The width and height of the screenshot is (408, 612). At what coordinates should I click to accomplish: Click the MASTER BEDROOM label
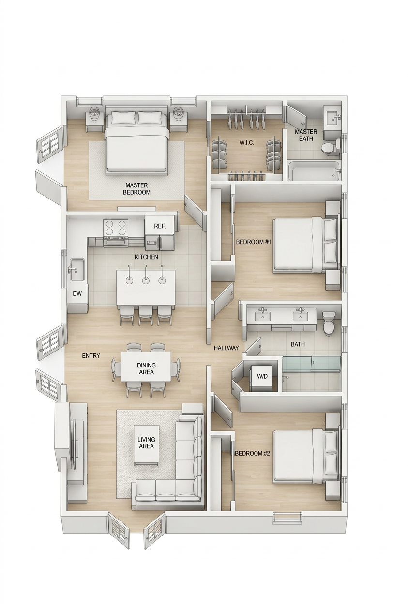click(x=136, y=189)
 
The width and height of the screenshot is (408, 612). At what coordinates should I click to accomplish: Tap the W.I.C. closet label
click(x=247, y=143)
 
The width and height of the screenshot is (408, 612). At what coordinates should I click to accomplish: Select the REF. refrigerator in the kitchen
click(x=160, y=232)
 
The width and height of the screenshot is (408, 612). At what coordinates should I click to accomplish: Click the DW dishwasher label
click(x=77, y=294)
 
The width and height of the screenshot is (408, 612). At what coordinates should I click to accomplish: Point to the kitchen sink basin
click(x=77, y=270)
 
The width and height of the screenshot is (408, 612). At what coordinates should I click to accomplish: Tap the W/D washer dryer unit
click(x=262, y=377)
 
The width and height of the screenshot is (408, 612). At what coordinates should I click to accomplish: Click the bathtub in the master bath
click(x=314, y=171)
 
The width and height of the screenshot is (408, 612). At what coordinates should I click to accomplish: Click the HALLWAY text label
click(x=226, y=348)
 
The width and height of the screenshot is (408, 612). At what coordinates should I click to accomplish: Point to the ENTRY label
click(x=91, y=356)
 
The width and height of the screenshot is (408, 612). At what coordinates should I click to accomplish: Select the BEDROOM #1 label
click(x=253, y=242)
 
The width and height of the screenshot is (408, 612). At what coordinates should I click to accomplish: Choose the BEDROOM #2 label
click(x=252, y=453)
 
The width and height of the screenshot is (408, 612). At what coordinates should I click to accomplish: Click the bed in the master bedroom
click(x=136, y=143)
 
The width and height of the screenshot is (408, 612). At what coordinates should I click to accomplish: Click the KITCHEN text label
click(x=146, y=257)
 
